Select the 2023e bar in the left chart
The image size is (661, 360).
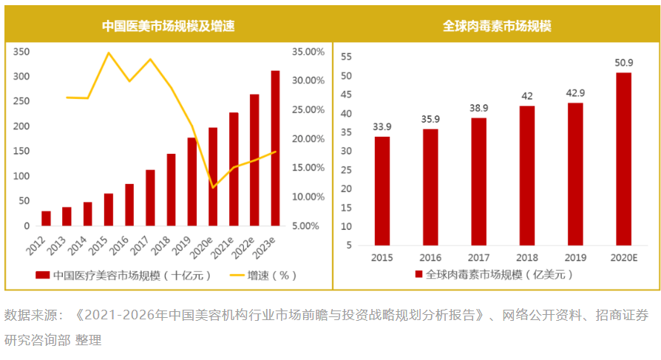pyautogui.click(x=275, y=148)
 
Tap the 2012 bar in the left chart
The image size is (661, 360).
pyautogui.click(x=46, y=218)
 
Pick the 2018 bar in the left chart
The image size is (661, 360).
pyautogui.click(x=171, y=189)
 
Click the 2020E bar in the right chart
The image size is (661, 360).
pyautogui.click(x=624, y=158)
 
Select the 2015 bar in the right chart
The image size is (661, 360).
pyautogui.click(x=382, y=191)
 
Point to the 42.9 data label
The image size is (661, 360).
pyautogui.click(x=575, y=92)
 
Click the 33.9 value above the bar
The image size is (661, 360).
pyautogui.click(x=382, y=126)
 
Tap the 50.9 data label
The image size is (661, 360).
pyautogui.click(x=624, y=62)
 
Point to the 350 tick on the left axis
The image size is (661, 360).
pyautogui.click(x=21, y=52)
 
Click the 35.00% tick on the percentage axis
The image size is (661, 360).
pyautogui.click(x=308, y=52)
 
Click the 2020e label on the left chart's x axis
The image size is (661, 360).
pyautogui.click(x=211, y=247)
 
